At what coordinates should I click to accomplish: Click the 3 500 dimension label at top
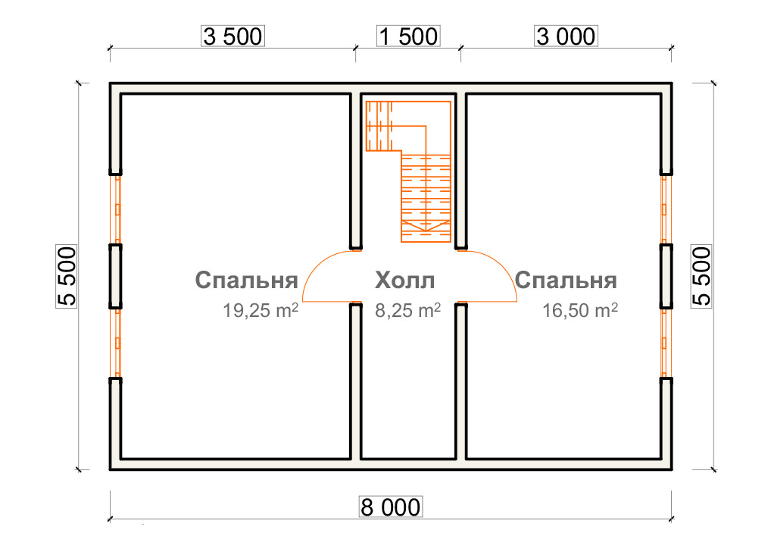point(233,36)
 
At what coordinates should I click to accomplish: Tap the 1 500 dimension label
point(408,36)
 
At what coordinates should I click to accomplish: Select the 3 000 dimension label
point(566,36)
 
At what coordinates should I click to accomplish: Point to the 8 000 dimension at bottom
point(391,507)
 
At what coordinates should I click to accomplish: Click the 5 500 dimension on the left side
point(67,276)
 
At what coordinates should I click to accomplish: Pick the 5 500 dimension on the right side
point(701,276)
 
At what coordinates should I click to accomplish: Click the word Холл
point(404,280)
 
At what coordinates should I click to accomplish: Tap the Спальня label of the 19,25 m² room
point(246,280)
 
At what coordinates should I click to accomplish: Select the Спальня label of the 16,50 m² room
point(566,280)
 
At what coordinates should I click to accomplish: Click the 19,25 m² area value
point(261,310)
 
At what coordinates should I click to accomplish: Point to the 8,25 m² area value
point(407,310)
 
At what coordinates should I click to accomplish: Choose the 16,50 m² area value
point(579,310)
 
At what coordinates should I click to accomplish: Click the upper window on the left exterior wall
point(117,210)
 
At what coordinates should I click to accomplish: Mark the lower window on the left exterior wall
point(117,344)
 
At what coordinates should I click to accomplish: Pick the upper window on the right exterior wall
point(664,210)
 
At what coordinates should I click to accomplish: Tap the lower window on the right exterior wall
point(664,344)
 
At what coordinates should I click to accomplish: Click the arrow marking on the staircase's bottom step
point(426,226)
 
